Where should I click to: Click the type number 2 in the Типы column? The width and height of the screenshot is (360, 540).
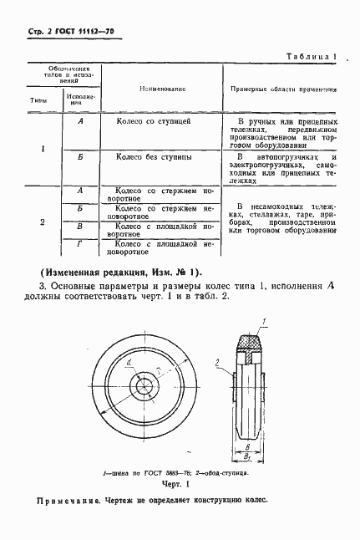43,222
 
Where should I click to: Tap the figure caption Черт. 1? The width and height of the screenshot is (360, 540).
177,484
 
